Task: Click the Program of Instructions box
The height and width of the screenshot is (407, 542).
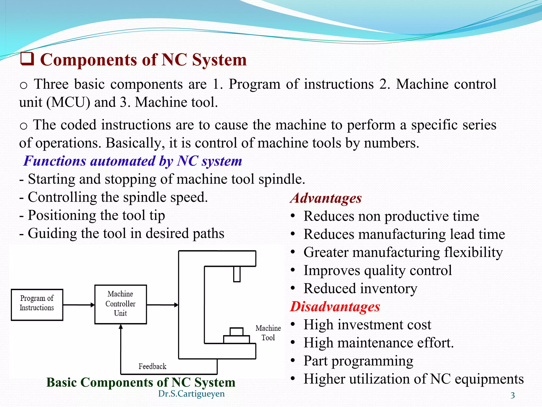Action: coord(37,305)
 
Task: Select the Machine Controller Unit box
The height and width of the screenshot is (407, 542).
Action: coord(120,304)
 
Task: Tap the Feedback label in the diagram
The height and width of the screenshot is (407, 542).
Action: coord(152,366)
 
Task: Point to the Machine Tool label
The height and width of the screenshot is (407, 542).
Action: coord(268,333)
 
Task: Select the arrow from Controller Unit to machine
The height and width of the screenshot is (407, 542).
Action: coord(162,305)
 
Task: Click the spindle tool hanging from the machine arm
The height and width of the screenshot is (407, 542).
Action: coord(237,274)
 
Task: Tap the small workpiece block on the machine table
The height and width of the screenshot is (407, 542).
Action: coord(236,332)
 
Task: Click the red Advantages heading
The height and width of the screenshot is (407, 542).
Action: coord(326,198)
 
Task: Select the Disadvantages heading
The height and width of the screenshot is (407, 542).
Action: coord(335,307)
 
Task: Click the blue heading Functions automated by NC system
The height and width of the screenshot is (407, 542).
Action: coord(133,161)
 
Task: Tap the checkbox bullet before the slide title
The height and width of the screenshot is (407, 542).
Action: coord(27,59)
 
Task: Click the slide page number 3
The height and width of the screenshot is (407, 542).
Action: coord(513,395)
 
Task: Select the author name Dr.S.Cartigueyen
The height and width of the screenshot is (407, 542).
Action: coord(191,394)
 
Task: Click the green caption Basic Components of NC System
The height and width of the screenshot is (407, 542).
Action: coord(141,382)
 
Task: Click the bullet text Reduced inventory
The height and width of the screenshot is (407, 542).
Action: coord(360,289)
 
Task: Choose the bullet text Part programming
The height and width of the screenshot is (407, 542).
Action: coord(358,361)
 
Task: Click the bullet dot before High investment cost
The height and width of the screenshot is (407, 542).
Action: coord(292,325)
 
